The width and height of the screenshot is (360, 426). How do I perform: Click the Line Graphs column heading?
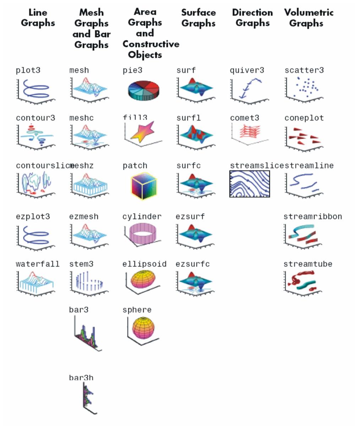pyautogui.click(x=38, y=18)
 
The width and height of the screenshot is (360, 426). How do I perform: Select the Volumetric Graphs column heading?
pyautogui.click(x=309, y=18)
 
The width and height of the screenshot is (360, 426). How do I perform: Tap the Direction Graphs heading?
pyautogui.click(x=252, y=18)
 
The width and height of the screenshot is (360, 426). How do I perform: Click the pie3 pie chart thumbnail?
pyautogui.click(x=143, y=90)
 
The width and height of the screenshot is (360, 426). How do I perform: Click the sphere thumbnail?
pyautogui.click(x=143, y=328)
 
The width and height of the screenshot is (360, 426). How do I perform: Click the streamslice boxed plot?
pyautogui.click(x=250, y=184)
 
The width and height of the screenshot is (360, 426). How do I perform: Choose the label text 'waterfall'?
pyautogui.click(x=38, y=264)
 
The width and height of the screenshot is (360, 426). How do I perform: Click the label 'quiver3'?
pyautogui.click(x=247, y=70)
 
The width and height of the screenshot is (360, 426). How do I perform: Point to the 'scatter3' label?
pyautogui.click(x=304, y=70)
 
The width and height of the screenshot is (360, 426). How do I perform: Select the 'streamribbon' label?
pyautogui.click(x=312, y=216)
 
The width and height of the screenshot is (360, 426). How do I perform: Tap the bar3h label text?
pyautogui.click(x=81, y=378)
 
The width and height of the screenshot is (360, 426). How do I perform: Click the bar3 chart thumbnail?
pyautogui.click(x=87, y=334)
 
